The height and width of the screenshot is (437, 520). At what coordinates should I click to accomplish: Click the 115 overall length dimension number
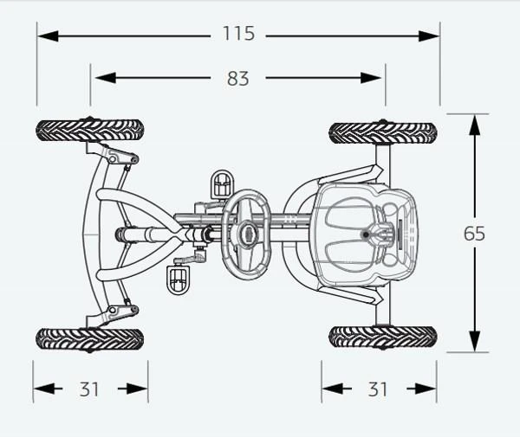pos(239,34)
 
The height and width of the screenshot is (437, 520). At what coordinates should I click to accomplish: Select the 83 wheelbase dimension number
pos(237,79)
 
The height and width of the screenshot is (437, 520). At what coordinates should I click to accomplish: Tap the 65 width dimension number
pos(474,234)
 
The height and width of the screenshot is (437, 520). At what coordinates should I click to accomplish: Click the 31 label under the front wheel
pos(89,389)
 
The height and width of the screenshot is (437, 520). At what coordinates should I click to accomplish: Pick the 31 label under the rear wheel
pos(378,389)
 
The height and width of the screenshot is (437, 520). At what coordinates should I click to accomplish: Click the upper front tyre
pos(90,131)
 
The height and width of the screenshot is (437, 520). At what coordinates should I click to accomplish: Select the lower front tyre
pos(90,340)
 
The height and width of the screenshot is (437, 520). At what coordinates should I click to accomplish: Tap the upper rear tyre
pos(383,133)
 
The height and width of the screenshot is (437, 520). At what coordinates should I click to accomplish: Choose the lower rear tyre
pos(383,337)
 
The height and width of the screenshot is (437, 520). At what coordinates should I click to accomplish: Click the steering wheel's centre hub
pos(248,234)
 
